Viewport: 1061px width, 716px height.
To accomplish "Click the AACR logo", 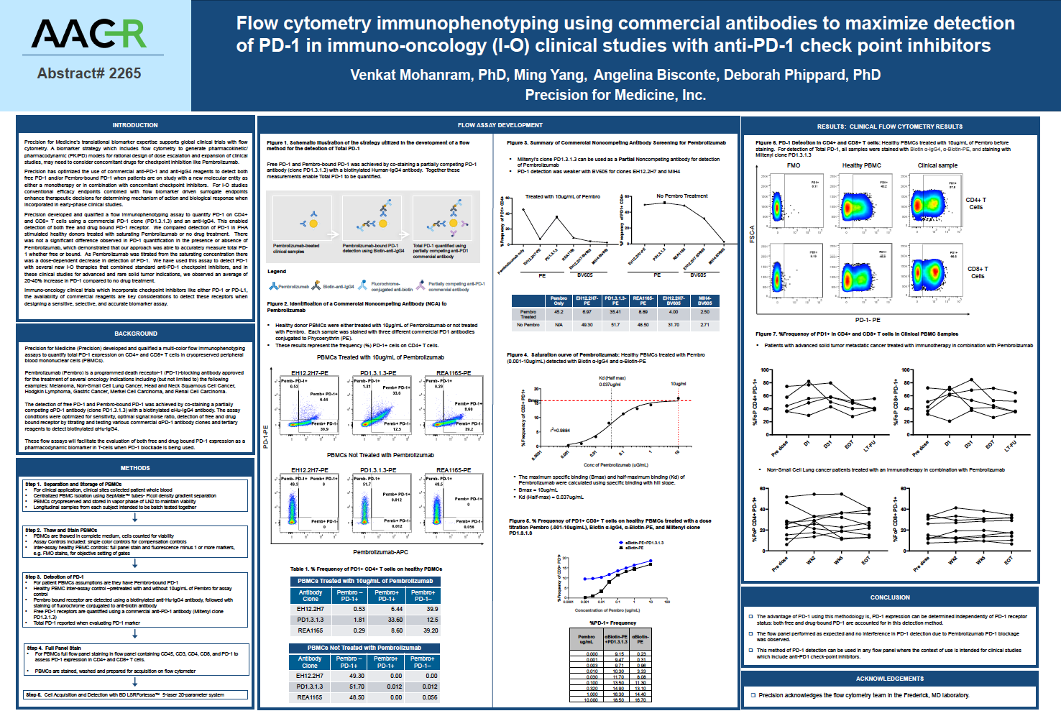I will [x=88, y=34].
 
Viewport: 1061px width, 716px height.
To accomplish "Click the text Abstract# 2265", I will [x=88, y=73].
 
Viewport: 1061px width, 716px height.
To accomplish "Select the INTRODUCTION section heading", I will [x=135, y=125].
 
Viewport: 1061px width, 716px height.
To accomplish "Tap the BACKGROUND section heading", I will [x=135, y=334].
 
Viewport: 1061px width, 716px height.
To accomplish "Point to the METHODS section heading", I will [x=135, y=468].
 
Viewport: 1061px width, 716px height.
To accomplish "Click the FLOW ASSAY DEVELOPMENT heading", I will [x=500, y=125].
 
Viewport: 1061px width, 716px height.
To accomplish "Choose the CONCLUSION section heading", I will [x=890, y=597].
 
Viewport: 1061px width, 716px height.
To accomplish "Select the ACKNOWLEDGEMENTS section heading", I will [x=890, y=679].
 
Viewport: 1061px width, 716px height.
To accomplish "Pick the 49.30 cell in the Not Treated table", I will [x=357, y=676].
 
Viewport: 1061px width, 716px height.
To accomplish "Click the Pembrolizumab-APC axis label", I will [x=380, y=552].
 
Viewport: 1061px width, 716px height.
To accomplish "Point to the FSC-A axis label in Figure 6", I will [x=753, y=234].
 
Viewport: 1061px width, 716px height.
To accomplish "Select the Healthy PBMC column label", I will [x=861, y=165].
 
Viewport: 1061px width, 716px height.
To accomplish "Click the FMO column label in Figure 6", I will [x=794, y=165].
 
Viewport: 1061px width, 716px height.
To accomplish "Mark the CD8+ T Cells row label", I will [x=978, y=272].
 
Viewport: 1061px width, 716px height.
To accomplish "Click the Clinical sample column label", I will [x=937, y=165].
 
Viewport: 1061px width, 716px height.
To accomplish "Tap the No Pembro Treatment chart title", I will [x=681, y=196].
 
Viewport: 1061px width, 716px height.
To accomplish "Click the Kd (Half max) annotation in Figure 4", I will [x=612, y=378].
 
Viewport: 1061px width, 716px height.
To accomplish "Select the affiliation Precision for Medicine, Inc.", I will [x=615, y=95].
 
